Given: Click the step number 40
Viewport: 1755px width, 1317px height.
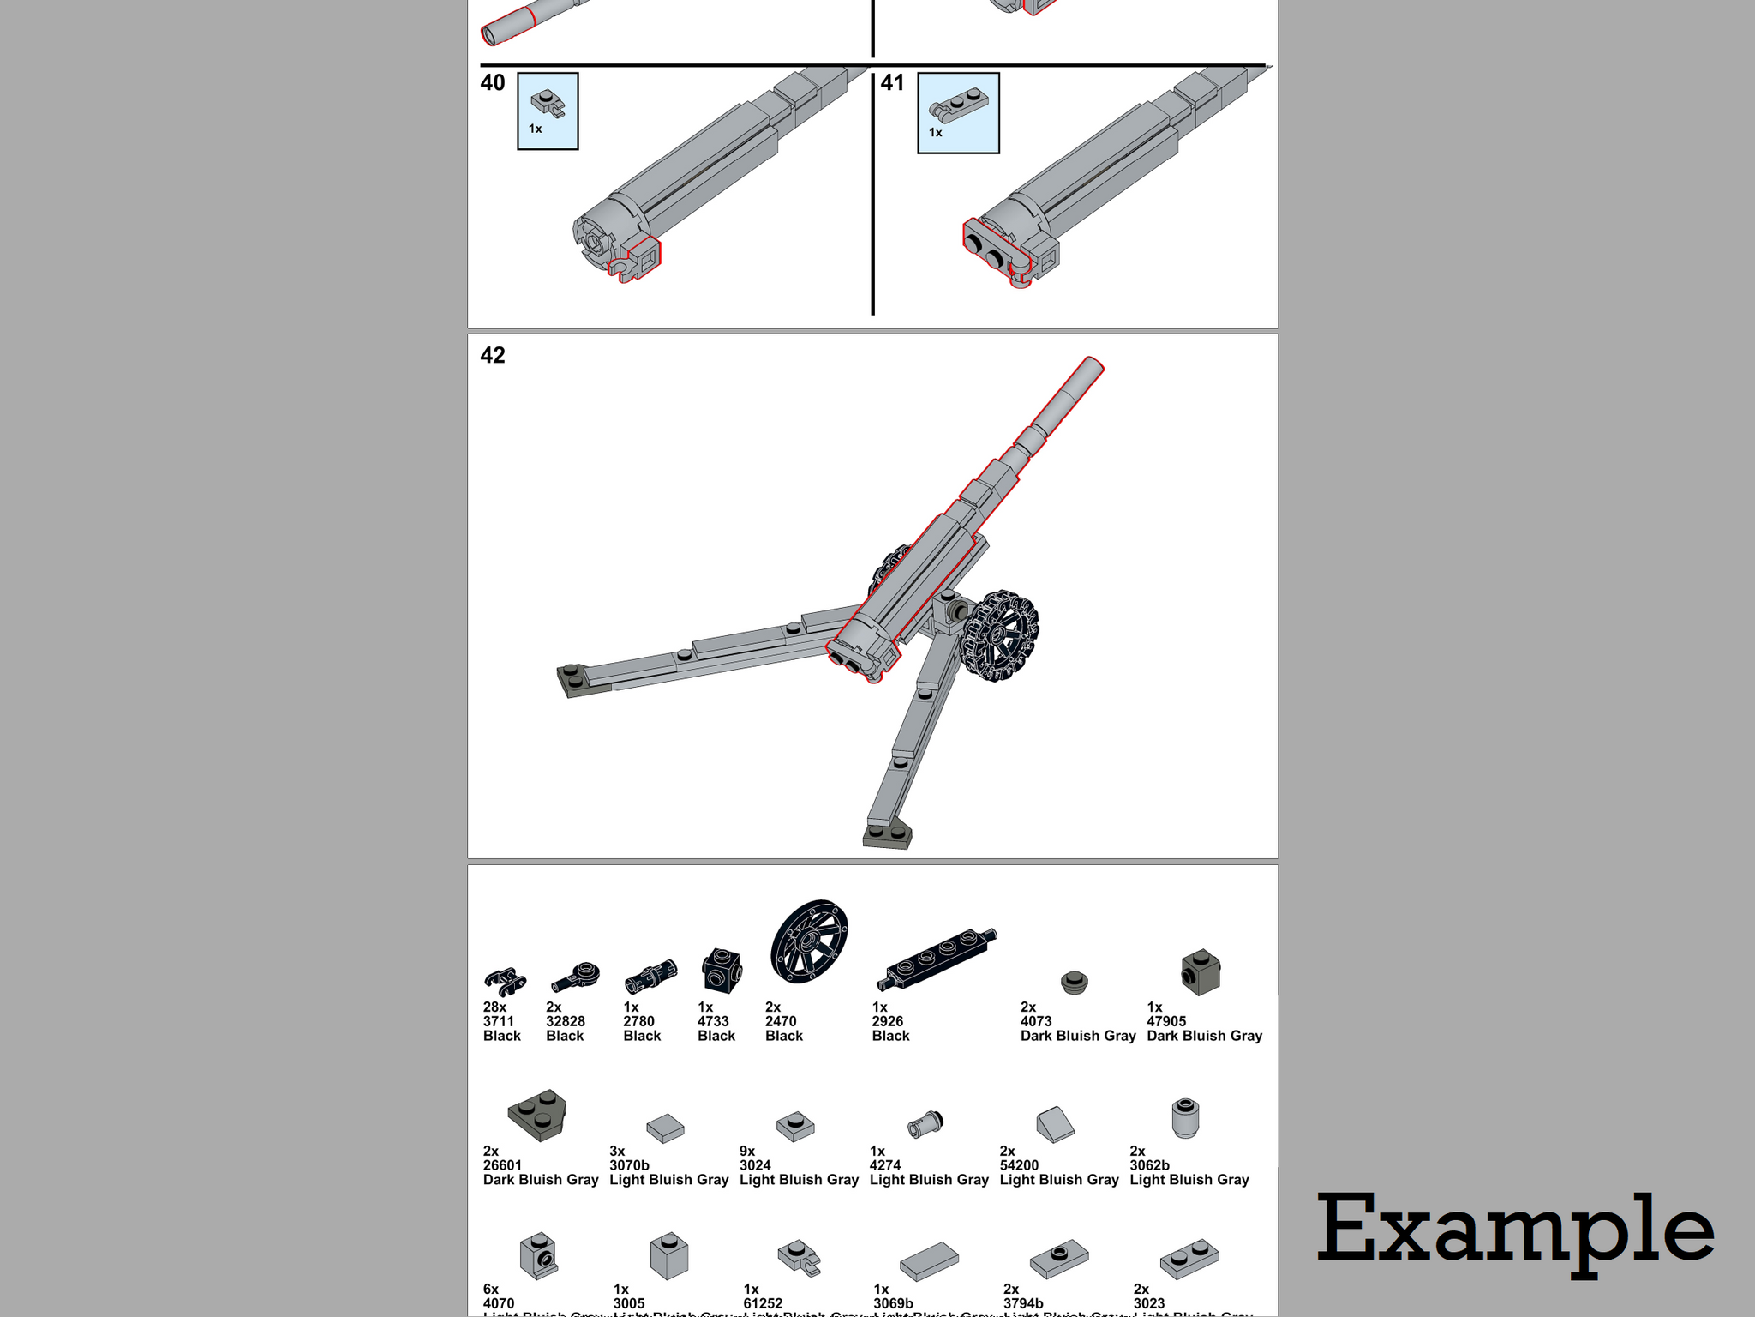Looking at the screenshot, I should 493,83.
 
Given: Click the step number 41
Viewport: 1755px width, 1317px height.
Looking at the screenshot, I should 892,83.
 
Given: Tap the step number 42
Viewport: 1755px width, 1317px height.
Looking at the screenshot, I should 493,356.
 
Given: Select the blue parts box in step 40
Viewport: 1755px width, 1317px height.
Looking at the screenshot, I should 548,111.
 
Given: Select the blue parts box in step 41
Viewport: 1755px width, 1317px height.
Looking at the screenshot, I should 958,113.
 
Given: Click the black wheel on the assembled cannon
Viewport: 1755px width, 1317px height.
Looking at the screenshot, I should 999,635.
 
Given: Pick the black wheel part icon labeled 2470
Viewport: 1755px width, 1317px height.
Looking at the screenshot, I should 809,941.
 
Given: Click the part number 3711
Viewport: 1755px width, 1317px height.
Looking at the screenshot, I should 499,1021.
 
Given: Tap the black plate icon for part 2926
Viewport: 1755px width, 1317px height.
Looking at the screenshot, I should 937,958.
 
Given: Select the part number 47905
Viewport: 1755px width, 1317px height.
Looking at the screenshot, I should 1166,1021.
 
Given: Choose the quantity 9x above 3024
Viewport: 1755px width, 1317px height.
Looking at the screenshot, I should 747,1151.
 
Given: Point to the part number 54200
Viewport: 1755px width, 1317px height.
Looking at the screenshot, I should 1019,1165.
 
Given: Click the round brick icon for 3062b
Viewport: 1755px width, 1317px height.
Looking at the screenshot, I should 1185,1118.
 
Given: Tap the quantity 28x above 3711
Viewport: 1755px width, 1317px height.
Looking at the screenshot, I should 494,1007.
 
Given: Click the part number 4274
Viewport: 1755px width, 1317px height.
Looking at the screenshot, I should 885,1165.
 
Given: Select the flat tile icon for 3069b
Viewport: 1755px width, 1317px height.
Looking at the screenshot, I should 929,1260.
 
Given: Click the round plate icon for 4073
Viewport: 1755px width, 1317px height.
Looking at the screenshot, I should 1074,982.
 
